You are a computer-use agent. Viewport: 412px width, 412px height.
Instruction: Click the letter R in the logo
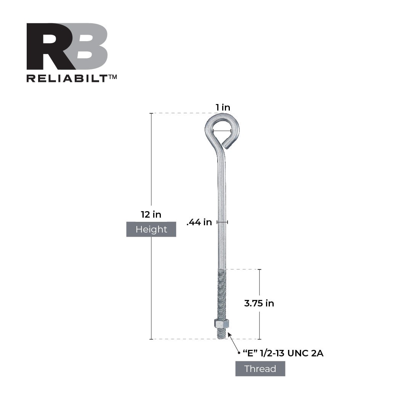point(48,46)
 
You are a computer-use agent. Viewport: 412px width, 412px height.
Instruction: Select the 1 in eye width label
point(223,107)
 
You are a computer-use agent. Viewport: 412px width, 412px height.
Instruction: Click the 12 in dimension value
point(151,215)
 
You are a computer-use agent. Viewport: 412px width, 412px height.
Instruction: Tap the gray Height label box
point(151,229)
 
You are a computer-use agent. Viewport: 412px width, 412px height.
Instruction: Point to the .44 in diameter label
point(199,223)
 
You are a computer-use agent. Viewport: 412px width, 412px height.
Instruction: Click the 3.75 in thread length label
point(259,303)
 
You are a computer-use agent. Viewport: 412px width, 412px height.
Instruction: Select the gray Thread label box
point(260,369)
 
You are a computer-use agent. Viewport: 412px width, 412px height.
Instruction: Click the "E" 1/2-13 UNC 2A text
point(283,353)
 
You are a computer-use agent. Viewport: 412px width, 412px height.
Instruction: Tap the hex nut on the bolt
point(221,324)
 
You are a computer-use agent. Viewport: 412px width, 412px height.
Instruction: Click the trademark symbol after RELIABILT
point(113,77)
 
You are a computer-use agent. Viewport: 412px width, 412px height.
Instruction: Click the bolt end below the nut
point(221,334)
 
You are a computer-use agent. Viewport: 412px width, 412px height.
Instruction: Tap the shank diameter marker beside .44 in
point(222,222)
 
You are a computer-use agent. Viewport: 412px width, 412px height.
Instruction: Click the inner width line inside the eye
point(222,131)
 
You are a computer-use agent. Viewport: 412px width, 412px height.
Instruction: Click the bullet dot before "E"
point(239,353)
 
